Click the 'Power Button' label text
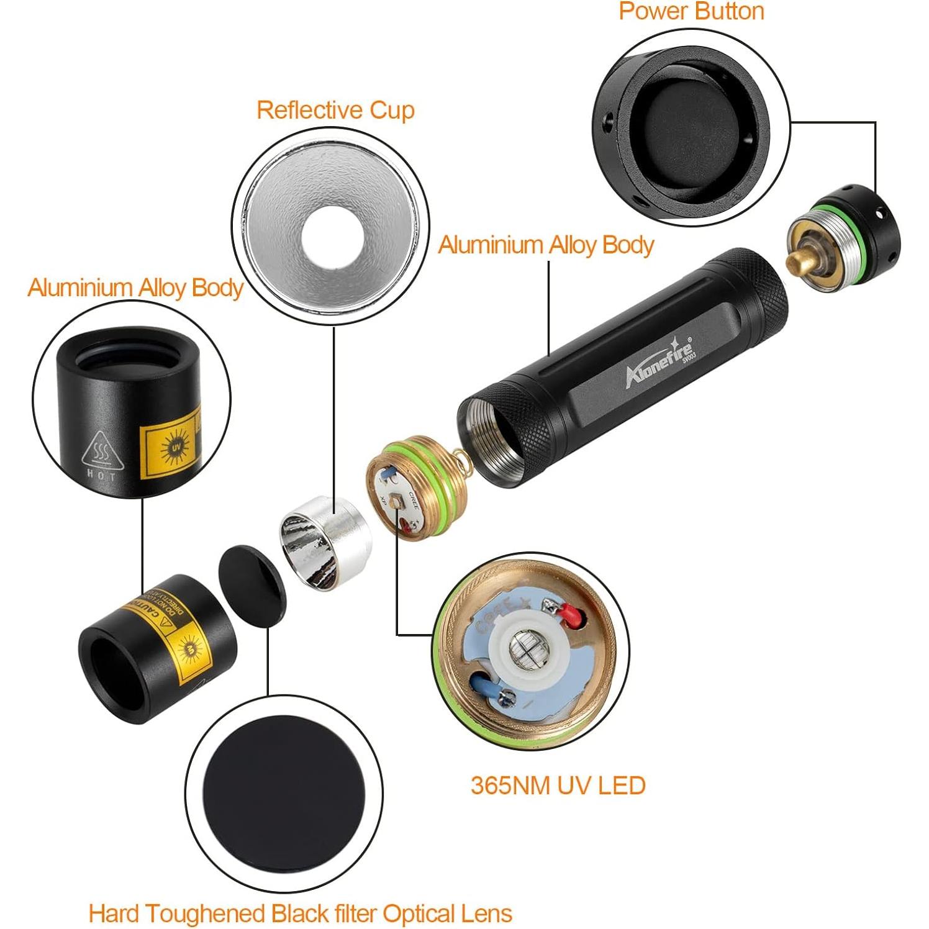[x=691, y=11]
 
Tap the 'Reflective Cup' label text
[x=335, y=110]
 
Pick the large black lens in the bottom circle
[x=284, y=794]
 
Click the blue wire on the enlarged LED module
[x=487, y=684]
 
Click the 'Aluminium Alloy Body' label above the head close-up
[x=135, y=288]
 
